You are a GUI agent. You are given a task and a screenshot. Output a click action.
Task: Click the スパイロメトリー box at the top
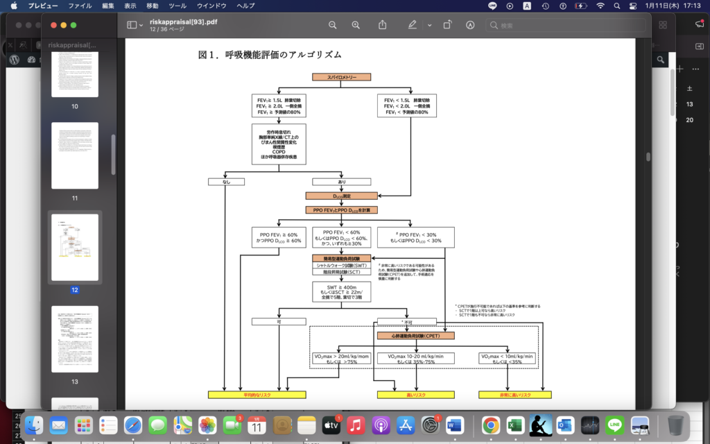pyautogui.click(x=341, y=77)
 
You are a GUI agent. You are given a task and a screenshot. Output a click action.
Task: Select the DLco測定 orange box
pyautogui.click(x=341, y=196)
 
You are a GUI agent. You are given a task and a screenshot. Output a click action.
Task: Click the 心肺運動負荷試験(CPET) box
pyautogui.click(x=415, y=336)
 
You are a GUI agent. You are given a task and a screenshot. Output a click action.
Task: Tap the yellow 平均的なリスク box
pyautogui.click(x=257, y=395)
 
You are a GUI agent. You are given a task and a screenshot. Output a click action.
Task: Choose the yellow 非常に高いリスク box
pyautogui.click(x=514, y=395)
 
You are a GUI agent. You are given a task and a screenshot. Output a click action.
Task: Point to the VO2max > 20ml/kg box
pyautogui.click(x=341, y=359)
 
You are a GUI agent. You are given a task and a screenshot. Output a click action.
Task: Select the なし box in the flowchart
pyautogui.click(x=226, y=182)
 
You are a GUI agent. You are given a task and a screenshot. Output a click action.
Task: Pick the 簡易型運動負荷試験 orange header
pyautogui.click(x=341, y=258)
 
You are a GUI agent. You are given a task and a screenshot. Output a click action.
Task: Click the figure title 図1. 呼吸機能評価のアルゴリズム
pyautogui.click(x=270, y=54)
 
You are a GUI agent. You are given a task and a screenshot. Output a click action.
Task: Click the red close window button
pyautogui.click(x=53, y=25)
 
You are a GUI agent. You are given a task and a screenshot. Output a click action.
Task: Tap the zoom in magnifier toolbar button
pyautogui.click(x=356, y=25)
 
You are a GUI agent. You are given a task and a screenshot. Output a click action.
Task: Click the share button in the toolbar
pyautogui.click(x=383, y=25)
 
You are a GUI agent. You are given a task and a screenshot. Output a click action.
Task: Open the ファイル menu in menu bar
pyautogui.click(x=80, y=6)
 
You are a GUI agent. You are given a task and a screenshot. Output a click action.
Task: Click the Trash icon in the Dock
pyautogui.click(x=675, y=425)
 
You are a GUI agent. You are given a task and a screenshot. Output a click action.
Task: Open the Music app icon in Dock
pyautogui.click(x=356, y=425)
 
